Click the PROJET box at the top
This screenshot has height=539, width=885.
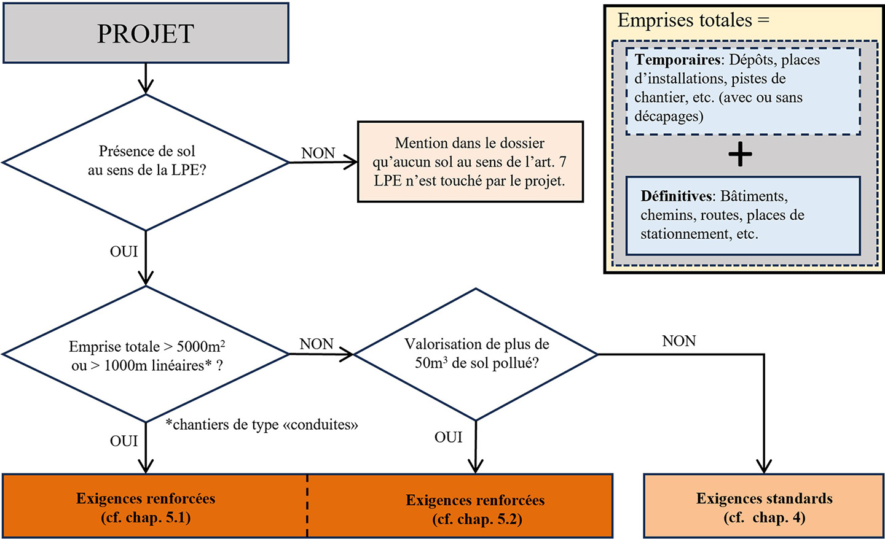146,33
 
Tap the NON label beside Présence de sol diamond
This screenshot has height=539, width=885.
318,153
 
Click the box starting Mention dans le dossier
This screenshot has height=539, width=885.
470,162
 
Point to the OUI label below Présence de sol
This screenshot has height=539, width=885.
124,252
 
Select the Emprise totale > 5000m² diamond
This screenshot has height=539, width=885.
146,355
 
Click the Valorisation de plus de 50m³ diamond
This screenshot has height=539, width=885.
476,354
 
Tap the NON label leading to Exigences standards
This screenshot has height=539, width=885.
678,341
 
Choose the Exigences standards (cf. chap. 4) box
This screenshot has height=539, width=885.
764,507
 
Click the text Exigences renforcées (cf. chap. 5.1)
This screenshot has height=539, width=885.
146,508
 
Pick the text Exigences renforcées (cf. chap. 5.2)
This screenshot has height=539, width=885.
476,510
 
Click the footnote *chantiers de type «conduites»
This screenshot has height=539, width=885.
262,425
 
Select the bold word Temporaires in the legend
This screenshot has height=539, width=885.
678,60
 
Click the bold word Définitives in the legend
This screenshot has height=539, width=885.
676,196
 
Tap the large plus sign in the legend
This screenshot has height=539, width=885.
740,155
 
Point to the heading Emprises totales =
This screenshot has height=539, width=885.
693,20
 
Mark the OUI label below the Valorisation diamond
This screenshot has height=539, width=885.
448,438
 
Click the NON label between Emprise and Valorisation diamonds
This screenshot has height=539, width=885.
317,344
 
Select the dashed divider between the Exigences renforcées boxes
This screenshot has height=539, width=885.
307,506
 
